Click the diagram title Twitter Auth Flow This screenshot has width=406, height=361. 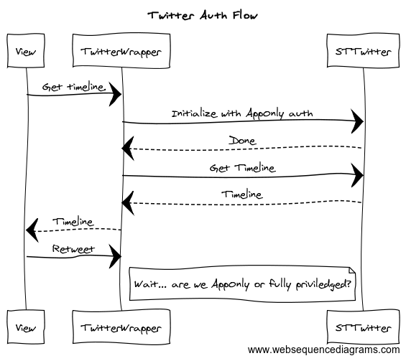tap(203, 16)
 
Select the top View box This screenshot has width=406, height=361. tap(26, 51)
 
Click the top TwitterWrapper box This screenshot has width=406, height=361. tap(121, 51)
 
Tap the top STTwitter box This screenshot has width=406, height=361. tap(363, 51)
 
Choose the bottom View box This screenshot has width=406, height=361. tap(26, 327)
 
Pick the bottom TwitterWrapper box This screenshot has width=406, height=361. tap(121, 327)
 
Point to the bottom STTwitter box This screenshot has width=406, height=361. tap(363, 327)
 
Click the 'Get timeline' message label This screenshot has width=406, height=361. tap(74, 87)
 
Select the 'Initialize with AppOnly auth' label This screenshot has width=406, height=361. tap(242, 113)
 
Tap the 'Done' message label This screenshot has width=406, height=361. tap(242, 141)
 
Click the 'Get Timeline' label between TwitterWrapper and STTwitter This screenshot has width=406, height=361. tap(242, 168)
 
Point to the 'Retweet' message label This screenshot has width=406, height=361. tap(73, 249)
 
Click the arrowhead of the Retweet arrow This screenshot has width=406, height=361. tap(116, 256)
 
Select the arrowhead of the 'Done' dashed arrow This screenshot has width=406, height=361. tap(128, 149)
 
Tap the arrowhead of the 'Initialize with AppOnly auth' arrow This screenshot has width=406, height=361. tap(357, 121)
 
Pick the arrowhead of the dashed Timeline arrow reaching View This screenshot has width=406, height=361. tap(32, 230)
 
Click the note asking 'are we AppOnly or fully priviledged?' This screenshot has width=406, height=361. tap(242, 284)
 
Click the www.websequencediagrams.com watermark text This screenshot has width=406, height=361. tap(323, 350)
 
